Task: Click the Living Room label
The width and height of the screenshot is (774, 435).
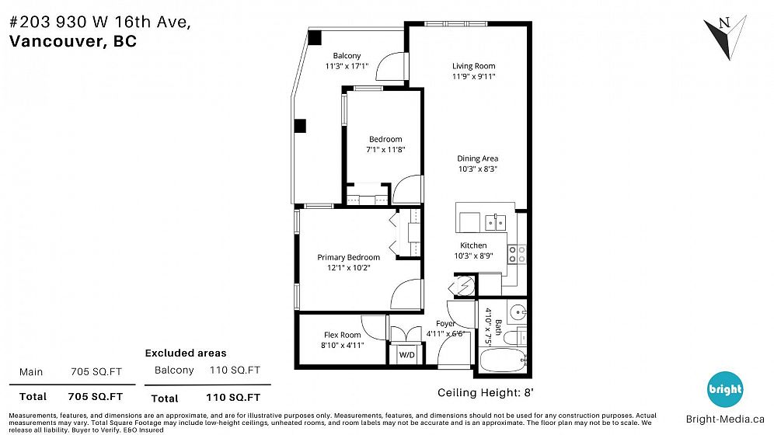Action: pos(473,65)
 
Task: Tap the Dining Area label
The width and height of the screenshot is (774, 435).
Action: pos(477,158)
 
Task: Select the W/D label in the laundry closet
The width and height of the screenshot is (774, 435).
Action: pos(406,355)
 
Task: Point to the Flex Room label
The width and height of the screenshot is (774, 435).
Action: pos(342,335)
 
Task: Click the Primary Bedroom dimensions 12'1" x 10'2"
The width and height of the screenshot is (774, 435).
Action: pos(348,268)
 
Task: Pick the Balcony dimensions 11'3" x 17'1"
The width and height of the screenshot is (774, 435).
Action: pos(347,66)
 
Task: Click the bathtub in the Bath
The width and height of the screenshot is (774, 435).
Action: pos(504,360)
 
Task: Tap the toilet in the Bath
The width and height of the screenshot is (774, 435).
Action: pos(515,337)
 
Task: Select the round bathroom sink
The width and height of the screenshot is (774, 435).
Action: pos(518,312)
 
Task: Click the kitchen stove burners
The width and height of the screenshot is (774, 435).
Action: pos(517,254)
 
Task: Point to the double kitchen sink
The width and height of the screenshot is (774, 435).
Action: pos(495,222)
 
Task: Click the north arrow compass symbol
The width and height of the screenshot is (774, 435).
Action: pos(725,38)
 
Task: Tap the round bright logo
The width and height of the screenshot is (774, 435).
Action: pos(725,389)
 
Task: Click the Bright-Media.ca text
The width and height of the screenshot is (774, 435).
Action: pos(725,419)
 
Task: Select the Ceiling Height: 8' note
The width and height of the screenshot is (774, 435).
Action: pos(486,392)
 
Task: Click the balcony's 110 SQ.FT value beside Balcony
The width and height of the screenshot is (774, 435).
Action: pos(235,370)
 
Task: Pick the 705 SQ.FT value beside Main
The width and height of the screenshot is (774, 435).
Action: pos(96,372)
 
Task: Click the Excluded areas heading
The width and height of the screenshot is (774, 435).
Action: pos(186,353)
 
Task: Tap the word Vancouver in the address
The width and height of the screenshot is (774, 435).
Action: pos(55,41)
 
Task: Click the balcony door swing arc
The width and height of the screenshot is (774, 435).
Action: pos(385,60)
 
